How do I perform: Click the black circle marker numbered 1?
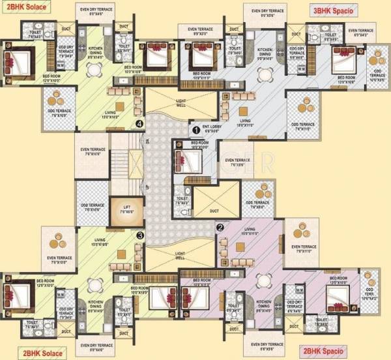pyautogui.click(x=195, y=130)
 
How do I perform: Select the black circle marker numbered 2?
pyautogui.click(x=220, y=228)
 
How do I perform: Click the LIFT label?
pyautogui.click(x=126, y=206)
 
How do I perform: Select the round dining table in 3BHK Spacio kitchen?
pyautogui.click(x=267, y=70)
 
